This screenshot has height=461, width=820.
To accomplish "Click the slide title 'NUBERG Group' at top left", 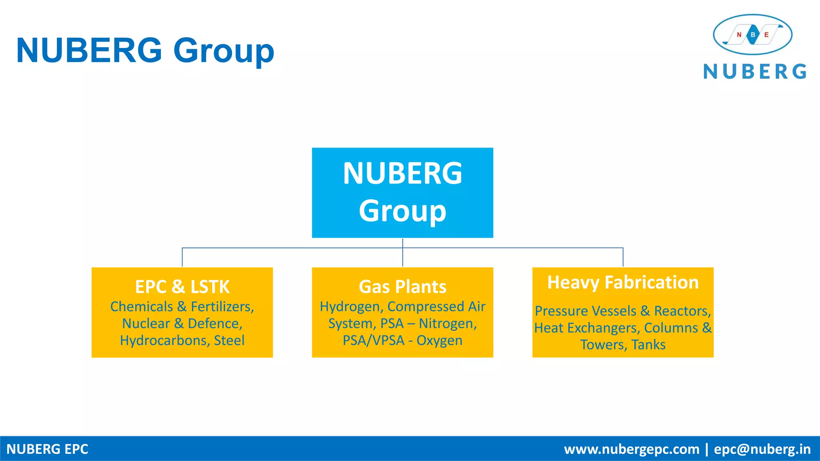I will point(145,51).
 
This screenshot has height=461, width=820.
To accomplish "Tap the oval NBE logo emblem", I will point(752,35).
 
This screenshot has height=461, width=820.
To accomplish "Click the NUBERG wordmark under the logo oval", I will point(755,72).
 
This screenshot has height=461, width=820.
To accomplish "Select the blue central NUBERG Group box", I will point(402,192).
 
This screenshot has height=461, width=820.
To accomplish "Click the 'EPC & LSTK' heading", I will point(182,287).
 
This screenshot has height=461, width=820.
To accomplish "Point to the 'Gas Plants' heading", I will point(402,287).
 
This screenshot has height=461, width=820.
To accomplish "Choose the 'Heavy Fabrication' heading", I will point(623,283).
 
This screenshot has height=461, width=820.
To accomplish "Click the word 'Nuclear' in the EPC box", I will point(146,323).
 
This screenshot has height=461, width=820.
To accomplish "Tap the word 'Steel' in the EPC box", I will point(229,341).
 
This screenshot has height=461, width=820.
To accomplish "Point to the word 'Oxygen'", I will point(439,341).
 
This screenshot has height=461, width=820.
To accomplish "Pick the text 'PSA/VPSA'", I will point(374,341).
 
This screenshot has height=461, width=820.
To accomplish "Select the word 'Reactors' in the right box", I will point(682,311).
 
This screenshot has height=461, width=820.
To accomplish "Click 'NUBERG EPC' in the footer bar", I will point(47,449).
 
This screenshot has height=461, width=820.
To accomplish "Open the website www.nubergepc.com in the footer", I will point(631,449).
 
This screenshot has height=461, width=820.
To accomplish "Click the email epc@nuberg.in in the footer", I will point(762,449).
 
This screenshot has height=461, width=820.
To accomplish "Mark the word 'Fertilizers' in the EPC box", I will point(222,307).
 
